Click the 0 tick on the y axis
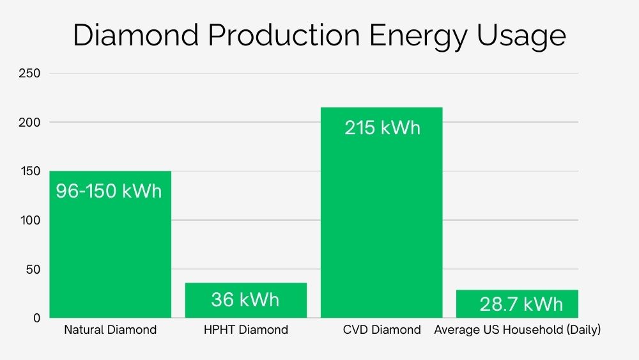pyautogui.click(x=36, y=318)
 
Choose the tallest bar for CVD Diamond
pyautogui.click(x=381, y=224)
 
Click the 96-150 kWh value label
pyautogui.click(x=109, y=191)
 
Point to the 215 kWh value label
pyautogui.click(x=382, y=127)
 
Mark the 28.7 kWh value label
pyautogui.click(x=521, y=304)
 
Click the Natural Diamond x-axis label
pyautogui.click(x=110, y=330)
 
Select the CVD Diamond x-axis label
pyautogui.click(x=381, y=330)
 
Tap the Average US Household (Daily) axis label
pyautogui.click(x=518, y=330)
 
